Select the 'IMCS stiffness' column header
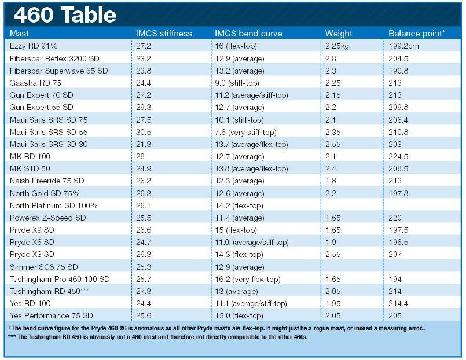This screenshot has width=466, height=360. [164, 34]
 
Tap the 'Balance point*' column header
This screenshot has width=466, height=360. [416, 34]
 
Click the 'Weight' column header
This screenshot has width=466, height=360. [339, 34]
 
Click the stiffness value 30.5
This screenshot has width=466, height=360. [144, 132]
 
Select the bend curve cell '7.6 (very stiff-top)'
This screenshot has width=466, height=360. [247, 132]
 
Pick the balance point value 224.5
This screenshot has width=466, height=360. [399, 156]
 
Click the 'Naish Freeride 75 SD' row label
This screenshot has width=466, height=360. [47, 181]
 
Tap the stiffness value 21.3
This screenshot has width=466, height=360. [144, 144]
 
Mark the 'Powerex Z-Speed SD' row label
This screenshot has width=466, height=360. [47, 218]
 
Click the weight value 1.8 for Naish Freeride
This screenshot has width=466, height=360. [331, 181]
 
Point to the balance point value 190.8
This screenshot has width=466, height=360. [399, 71]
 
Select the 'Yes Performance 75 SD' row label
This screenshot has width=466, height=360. [51, 315]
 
